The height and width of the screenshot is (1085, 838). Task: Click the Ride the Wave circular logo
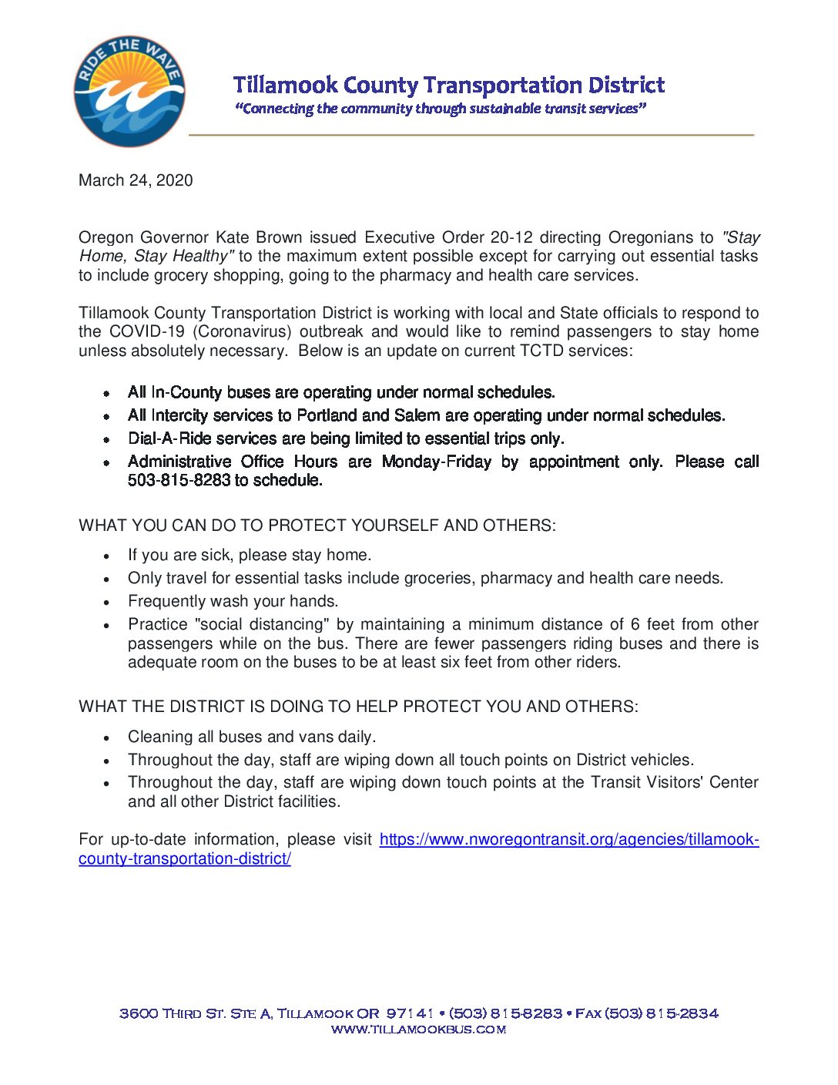[129, 91]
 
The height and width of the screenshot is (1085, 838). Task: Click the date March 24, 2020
[136, 180]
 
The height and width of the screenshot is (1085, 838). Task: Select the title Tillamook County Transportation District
[448, 85]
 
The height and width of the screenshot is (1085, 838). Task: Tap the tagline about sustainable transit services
[440, 109]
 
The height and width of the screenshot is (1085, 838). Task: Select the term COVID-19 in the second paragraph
[146, 332]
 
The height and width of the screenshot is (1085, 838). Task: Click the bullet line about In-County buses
[341, 392]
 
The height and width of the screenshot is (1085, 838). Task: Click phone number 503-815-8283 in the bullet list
[178, 480]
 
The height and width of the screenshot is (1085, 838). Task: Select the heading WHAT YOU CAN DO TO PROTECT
[317, 526]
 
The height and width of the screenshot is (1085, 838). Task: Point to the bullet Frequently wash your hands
[233, 601]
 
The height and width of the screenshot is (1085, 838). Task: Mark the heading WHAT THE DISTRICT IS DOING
[358, 707]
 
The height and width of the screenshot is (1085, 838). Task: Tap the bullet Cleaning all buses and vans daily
[252, 737]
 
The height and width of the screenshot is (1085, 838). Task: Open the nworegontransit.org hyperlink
[568, 840]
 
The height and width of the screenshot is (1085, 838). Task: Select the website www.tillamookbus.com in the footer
[418, 1030]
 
